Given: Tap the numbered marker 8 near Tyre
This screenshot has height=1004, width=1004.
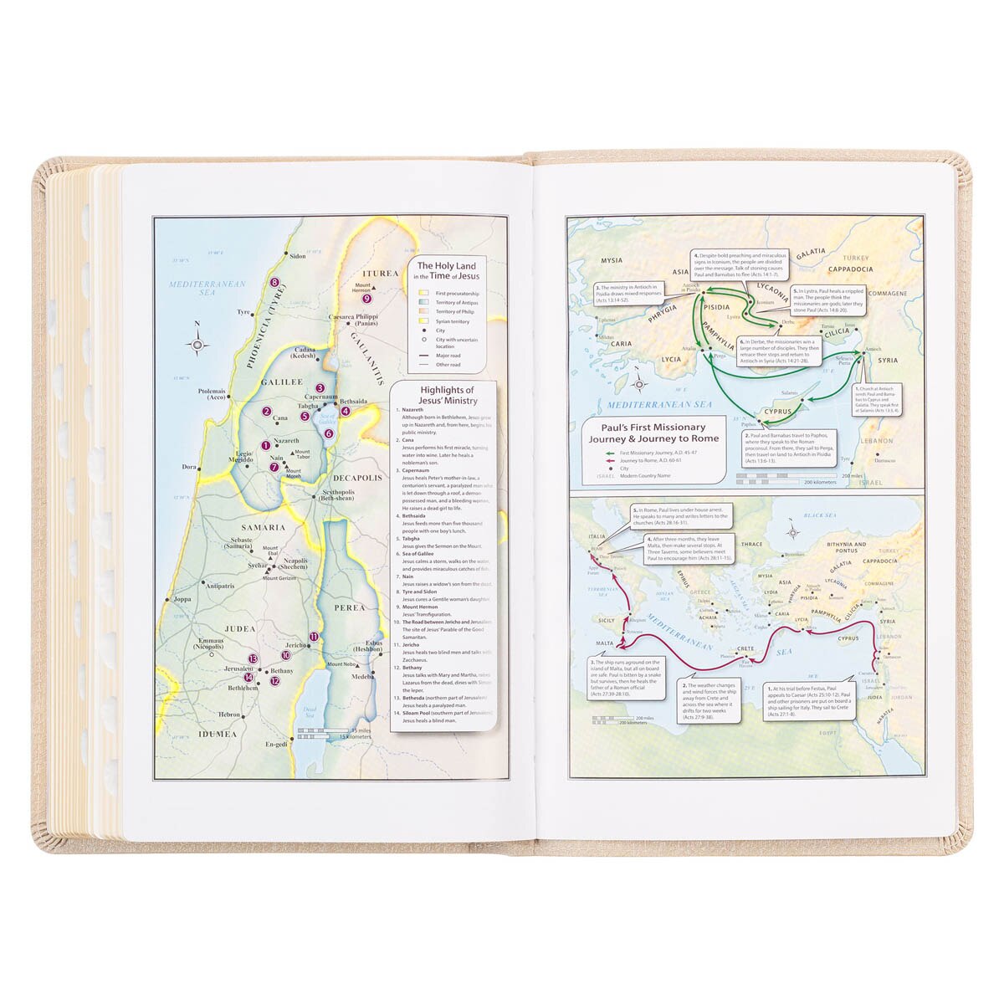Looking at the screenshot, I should click(x=274, y=283).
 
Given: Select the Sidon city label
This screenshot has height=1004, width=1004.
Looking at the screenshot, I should click(x=297, y=257).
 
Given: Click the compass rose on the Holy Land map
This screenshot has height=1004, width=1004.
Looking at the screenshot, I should click(x=197, y=343).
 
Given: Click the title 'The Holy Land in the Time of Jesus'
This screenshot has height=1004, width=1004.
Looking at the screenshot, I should click(x=448, y=270).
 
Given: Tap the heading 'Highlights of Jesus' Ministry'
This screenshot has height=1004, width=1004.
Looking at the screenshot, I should click(x=447, y=394).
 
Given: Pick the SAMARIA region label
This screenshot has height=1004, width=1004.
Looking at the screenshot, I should click(x=264, y=527).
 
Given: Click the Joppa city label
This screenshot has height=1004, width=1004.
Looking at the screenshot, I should click(x=182, y=599).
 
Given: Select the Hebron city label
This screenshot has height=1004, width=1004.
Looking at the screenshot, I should click(x=229, y=715).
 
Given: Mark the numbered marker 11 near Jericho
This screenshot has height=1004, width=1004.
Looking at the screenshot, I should click(x=313, y=637).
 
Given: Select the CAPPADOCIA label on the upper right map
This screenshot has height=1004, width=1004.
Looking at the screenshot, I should click(x=851, y=269).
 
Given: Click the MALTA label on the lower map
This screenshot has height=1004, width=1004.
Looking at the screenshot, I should click(x=605, y=643).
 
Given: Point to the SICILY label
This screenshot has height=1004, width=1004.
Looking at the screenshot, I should click(x=607, y=621).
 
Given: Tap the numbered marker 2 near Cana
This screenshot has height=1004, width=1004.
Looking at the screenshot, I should click(x=266, y=411).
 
